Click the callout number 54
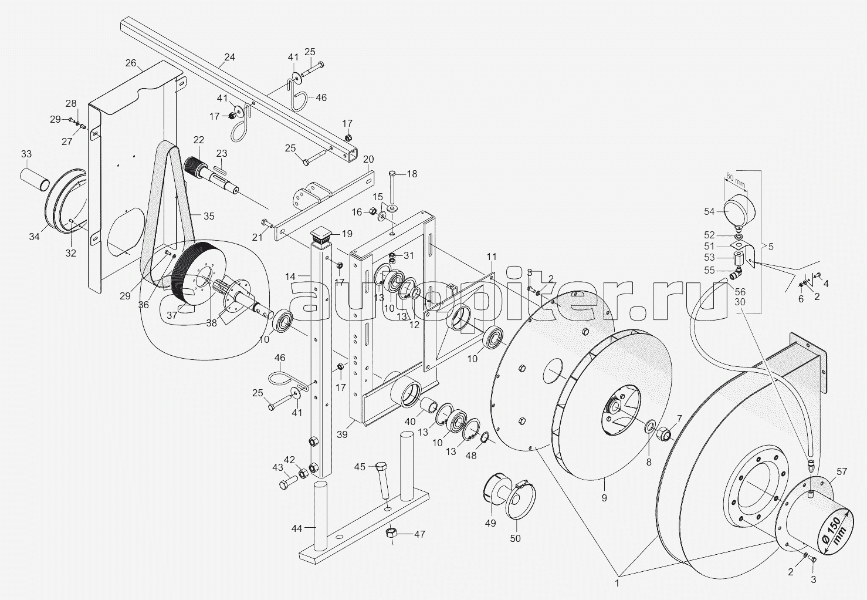(x=709, y=211)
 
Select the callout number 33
(x=26, y=154)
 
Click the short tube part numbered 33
(x=35, y=179)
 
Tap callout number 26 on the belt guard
(x=131, y=63)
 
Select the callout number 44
(x=297, y=528)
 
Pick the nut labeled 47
(x=391, y=532)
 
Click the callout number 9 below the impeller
(x=604, y=498)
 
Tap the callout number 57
(x=831, y=471)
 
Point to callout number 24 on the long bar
(x=229, y=58)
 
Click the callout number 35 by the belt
(x=209, y=216)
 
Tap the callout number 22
(x=199, y=140)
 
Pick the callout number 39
(x=342, y=434)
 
